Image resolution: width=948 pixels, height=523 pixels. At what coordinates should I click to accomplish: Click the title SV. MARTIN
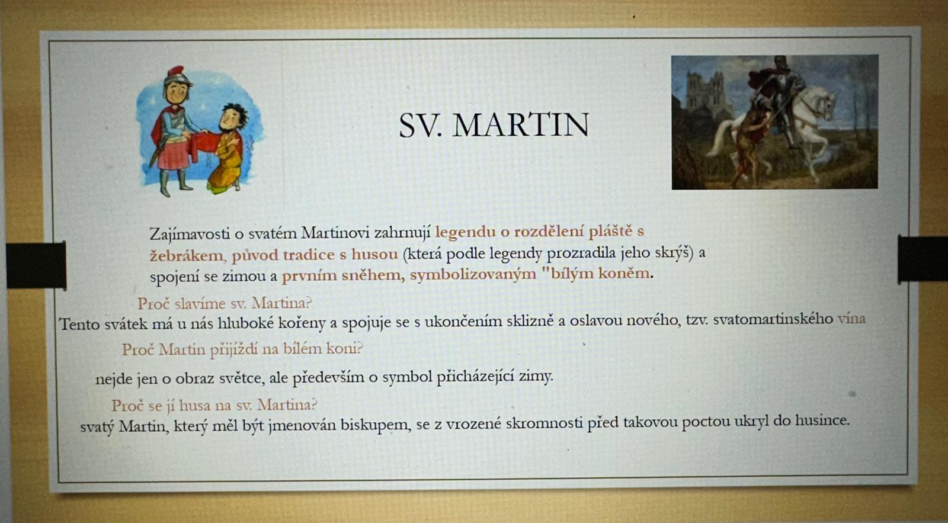pyautogui.click(x=494, y=125)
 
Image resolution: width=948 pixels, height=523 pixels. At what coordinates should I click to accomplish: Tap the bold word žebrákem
pyautogui.click(x=186, y=255)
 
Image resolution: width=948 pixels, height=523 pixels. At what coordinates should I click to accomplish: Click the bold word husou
pyautogui.click(x=374, y=254)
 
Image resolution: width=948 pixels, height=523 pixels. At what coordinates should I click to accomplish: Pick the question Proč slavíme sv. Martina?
pyautogui.click(x=225, y=303)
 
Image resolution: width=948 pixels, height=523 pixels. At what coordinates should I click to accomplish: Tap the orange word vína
pyautogui.click(x=851, y=319)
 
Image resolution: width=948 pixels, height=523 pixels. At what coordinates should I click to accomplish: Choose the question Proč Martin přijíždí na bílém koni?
pyautogui.click(x=242, y=349)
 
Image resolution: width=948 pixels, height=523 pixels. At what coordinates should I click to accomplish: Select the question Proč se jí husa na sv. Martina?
pyautogui.click(x=214, y=405)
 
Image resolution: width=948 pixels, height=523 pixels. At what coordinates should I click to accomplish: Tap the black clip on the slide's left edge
pyautogui.click(x=36, y=265)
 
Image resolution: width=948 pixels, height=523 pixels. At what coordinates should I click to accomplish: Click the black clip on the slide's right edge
pyautogui.click(x=923, y=259)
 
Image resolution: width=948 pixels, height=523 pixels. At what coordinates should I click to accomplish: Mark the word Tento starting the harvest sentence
pyautogui.click(x=80, y=324)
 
